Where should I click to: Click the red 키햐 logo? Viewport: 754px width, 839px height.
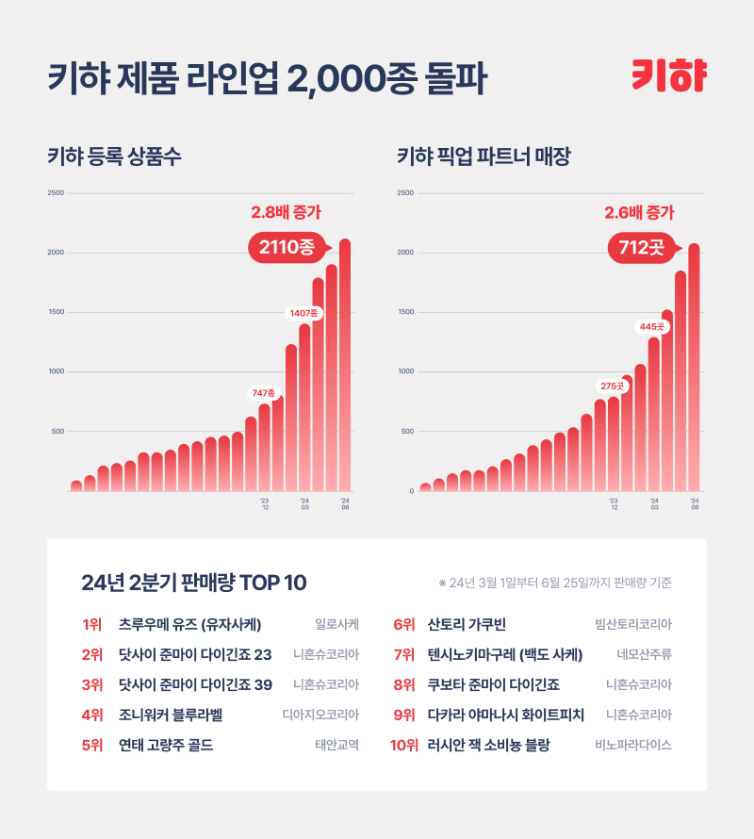pos(669,76)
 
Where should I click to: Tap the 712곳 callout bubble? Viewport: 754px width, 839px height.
pos(641,248)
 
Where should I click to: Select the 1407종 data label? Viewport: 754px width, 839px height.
pos(304,312)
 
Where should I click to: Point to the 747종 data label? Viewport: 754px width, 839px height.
pos(263,392)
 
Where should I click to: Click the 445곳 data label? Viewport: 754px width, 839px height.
pos(652,326)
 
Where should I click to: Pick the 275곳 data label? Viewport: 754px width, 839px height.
pos(613,386)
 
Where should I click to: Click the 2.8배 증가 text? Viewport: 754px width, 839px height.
pos(286,212)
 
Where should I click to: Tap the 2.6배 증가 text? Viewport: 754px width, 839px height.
pos(639,212)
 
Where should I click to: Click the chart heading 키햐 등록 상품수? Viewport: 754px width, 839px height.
pos(114,156)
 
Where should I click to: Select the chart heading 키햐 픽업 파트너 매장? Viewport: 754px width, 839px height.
pos(484,156)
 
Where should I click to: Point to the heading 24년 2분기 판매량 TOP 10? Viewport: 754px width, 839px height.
pos(194,583)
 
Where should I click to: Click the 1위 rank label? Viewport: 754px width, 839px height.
pos(91,624)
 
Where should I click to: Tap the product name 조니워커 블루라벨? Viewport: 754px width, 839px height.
pos(170,715)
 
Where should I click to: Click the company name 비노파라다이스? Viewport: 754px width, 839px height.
pos(632,745)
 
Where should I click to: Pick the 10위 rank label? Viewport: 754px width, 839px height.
pos(403,745)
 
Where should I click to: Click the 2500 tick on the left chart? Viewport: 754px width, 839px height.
pos(56,193)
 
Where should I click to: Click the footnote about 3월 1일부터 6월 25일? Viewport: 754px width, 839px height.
pos(555,583)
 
